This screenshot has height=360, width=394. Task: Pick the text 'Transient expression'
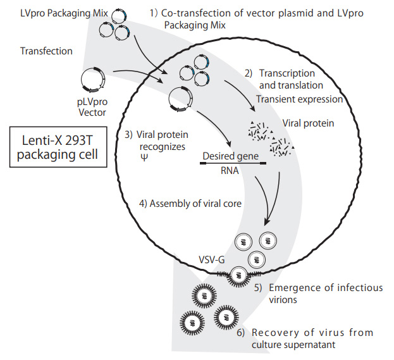[300, 99]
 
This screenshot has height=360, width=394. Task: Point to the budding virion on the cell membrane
[238, 274]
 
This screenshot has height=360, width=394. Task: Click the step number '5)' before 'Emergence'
[259, 288]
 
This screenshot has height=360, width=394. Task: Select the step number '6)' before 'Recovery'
[242, 333]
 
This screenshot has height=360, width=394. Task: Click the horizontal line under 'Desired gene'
[232, 163]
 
